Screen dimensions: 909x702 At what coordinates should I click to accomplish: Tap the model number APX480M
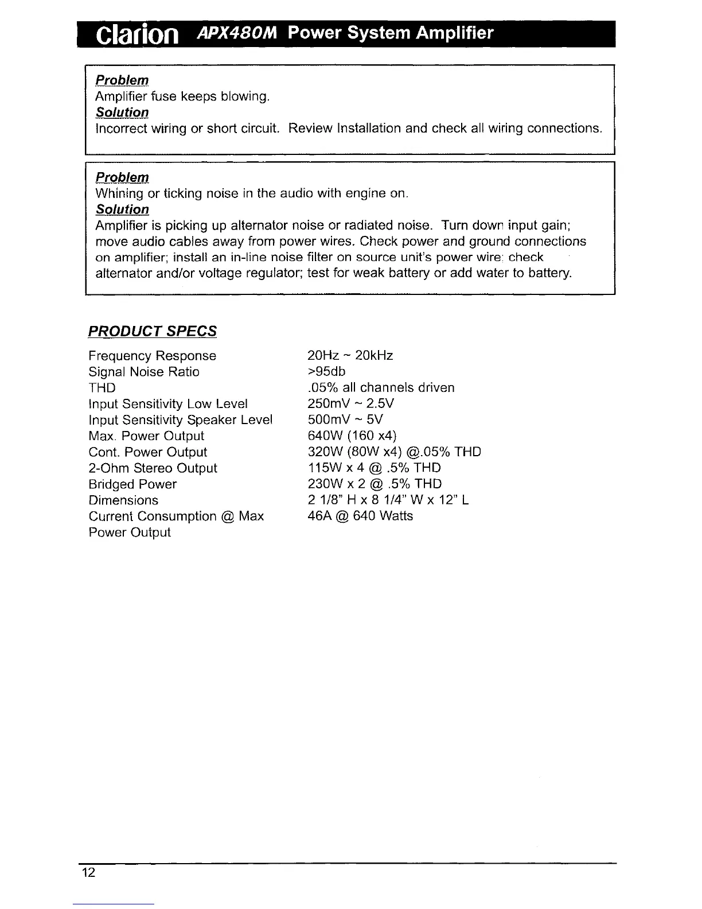click(x=237, y=33)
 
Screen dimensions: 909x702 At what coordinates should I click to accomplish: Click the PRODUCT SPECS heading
click(x=153, y=331)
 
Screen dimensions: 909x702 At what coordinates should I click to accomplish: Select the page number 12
click(x=88, y=873)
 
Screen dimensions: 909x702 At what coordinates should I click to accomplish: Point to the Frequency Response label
click(x=153, y=356)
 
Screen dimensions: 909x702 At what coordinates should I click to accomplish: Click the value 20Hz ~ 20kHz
click(x=350, y=356)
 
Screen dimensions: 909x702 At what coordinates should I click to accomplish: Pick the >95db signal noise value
click(x=327, y=372)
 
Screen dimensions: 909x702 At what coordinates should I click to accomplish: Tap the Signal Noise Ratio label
click(x=144, y=372)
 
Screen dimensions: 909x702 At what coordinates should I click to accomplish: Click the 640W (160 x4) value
click(x=352, y=436)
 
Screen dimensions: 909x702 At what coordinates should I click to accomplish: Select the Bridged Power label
click(x=132, y=484)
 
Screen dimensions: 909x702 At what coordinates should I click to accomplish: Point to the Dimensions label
click(x=123, y=500)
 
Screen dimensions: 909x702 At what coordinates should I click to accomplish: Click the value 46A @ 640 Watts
click(x=360, y=516)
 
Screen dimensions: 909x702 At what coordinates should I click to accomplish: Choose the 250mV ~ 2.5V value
click(x=351, y=404)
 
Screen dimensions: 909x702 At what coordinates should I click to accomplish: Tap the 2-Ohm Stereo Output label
click(x=153, y=468)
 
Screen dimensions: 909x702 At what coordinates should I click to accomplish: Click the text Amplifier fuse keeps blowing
click(x=182, y=96)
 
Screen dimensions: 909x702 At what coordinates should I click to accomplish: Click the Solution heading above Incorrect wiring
click(x=122, y=112)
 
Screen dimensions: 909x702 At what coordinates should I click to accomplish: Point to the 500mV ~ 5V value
click(x=345, y=420)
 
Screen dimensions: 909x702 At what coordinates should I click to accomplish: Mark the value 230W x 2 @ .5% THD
click(x=375, y=484)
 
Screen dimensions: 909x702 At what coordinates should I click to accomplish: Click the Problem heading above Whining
click(x=122, y=177)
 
